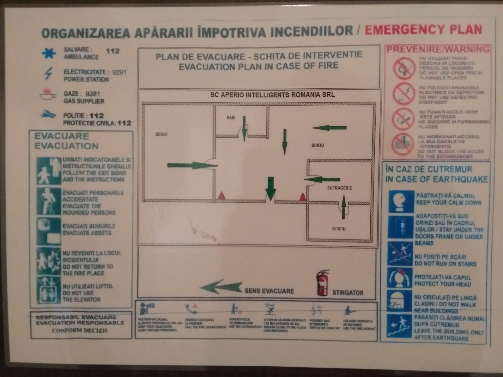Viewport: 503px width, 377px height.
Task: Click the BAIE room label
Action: [231, 118]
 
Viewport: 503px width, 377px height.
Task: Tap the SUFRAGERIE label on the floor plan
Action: [340, 188]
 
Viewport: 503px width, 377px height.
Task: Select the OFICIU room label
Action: [339, 229]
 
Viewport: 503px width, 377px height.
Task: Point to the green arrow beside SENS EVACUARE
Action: [221, 287]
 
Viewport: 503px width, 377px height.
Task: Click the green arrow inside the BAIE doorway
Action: [244, 129]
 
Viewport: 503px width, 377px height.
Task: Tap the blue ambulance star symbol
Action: [49, 53]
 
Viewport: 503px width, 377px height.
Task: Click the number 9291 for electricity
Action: [119, 72]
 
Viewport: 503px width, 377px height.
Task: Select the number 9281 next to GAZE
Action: [93, 94]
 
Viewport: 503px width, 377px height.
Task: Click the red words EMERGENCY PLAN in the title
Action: [423, 30]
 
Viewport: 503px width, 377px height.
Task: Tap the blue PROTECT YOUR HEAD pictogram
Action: [399, 278]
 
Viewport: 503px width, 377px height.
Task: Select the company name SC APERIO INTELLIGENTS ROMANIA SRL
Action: [272, 95]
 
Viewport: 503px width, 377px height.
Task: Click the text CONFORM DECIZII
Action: [80, 331]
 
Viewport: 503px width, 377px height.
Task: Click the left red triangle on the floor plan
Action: [221, 196]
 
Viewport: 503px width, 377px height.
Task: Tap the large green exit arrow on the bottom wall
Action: [270, 188]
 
